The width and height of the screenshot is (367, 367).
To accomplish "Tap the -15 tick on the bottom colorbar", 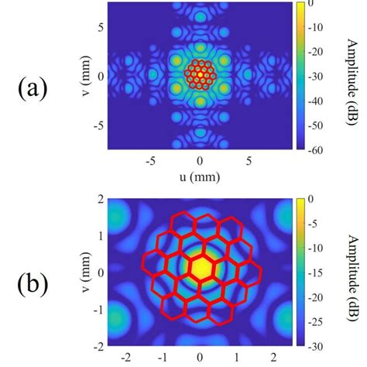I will [318, 272].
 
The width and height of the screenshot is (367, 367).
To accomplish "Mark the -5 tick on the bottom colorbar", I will [318, 224].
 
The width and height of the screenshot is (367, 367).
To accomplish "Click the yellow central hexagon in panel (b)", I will [201, 268].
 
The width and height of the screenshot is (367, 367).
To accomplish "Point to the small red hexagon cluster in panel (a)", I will [201, 76].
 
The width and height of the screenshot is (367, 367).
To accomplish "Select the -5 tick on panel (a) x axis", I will [150, 161].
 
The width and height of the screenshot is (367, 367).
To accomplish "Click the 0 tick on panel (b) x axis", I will [201, 358].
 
